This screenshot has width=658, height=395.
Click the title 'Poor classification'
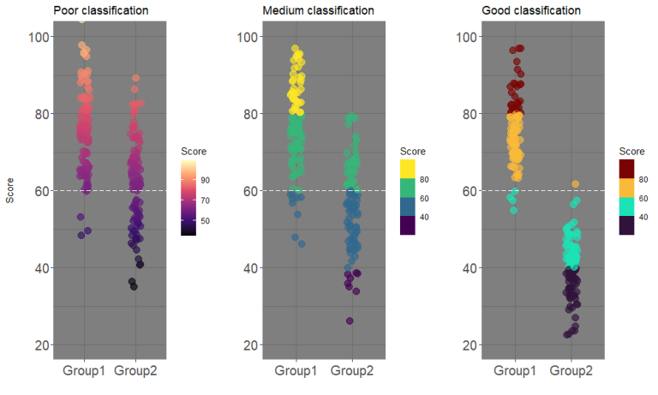[101, 11]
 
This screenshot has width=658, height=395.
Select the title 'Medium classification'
[318, 11]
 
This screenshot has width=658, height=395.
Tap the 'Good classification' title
[532, 11]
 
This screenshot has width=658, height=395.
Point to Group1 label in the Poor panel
[84, 372]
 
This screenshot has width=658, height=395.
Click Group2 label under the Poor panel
[135, 372]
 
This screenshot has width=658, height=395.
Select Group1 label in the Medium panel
[296, 372]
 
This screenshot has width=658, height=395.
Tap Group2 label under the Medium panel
[351, 372]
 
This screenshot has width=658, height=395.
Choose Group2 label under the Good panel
[570, 372]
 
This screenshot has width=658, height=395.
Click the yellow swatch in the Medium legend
[408, 169]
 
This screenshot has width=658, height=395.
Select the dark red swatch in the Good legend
[627, 169]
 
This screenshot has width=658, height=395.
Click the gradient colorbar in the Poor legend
[188, 196]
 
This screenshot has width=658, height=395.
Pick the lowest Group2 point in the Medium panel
[350, 321]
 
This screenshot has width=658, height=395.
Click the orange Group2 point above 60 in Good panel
[576, 184]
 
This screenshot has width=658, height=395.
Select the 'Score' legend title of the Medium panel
[413, 151]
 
